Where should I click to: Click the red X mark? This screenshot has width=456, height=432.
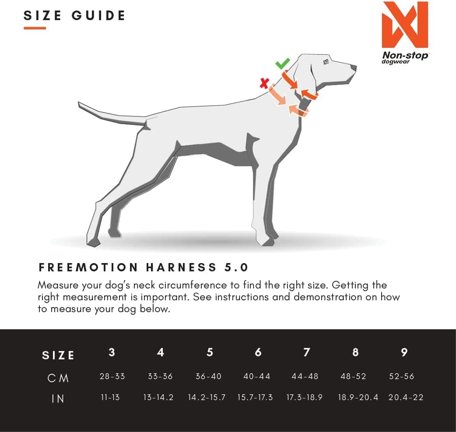[x=264, y=83]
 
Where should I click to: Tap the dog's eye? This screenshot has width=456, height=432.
[x=326, y=62]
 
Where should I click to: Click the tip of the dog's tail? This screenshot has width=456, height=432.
[x=80, y=104]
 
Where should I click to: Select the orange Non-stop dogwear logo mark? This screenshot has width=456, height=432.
[x=404, y=25]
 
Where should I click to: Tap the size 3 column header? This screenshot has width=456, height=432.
[x=112, y=352]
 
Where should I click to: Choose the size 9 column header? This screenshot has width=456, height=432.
[x=404, y=352]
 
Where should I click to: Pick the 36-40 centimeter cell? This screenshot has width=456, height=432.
[x=208, y=376]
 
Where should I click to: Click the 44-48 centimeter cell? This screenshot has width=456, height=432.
[x=305, y=376]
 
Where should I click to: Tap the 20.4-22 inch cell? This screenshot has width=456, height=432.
[x=406, y=397]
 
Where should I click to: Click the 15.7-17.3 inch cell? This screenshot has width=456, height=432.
[x=255, y=397]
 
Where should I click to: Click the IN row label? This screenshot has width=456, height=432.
[x=58, y=399]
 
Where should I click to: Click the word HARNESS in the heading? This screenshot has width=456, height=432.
[x=179, y=267]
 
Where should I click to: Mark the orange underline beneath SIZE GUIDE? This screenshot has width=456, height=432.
[x=35, y=28]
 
